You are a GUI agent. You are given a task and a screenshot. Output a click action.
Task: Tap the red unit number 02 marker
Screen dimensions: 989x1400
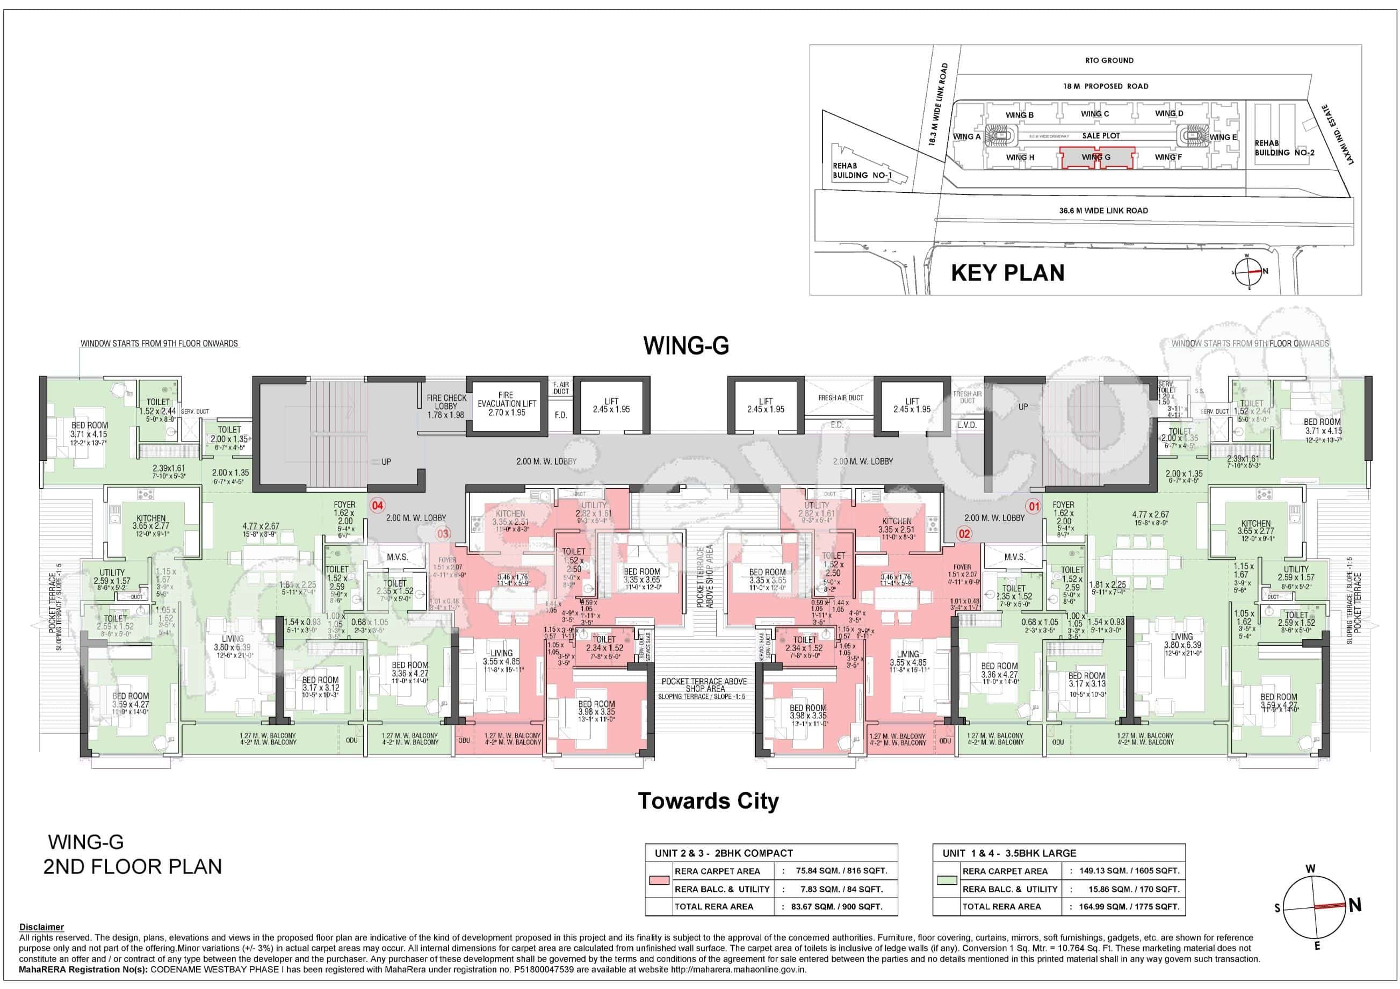click(x=964, y=533)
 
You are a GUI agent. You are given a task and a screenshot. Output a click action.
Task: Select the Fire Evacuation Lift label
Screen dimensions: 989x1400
click(x=506, y=403)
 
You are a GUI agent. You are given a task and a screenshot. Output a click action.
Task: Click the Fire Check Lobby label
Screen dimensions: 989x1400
click(x=446, y=406)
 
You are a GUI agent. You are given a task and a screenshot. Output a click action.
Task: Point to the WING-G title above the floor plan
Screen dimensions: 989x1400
click(x=686, y=346)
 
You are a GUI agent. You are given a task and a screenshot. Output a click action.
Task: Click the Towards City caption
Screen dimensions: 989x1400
click(x=708, y=800)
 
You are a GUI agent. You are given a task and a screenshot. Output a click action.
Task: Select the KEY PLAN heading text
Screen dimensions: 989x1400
click(x=1007, y=272)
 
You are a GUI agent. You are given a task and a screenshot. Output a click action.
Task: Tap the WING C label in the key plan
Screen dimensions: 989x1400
click(x=1094, y=114)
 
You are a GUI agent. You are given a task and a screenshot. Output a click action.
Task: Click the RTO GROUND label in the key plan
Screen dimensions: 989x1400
click(x=1109, y=60)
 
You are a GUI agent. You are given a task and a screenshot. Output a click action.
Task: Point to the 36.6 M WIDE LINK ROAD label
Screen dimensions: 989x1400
click(x=1103, y=211)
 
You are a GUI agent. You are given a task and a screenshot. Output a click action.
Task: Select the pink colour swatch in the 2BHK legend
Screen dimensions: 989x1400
click(x=659, y=880)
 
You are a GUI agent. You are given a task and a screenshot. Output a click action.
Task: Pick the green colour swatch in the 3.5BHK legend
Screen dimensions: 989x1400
click(x=947, y=880)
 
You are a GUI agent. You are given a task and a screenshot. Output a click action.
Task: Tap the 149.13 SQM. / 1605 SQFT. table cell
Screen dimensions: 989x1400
click(x=1129, y=871)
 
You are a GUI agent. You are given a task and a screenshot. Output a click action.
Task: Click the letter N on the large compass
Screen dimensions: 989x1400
click(x=1355, y=906)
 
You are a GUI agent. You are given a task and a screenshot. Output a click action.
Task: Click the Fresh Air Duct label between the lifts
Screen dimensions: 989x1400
click(x=840, y=398)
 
